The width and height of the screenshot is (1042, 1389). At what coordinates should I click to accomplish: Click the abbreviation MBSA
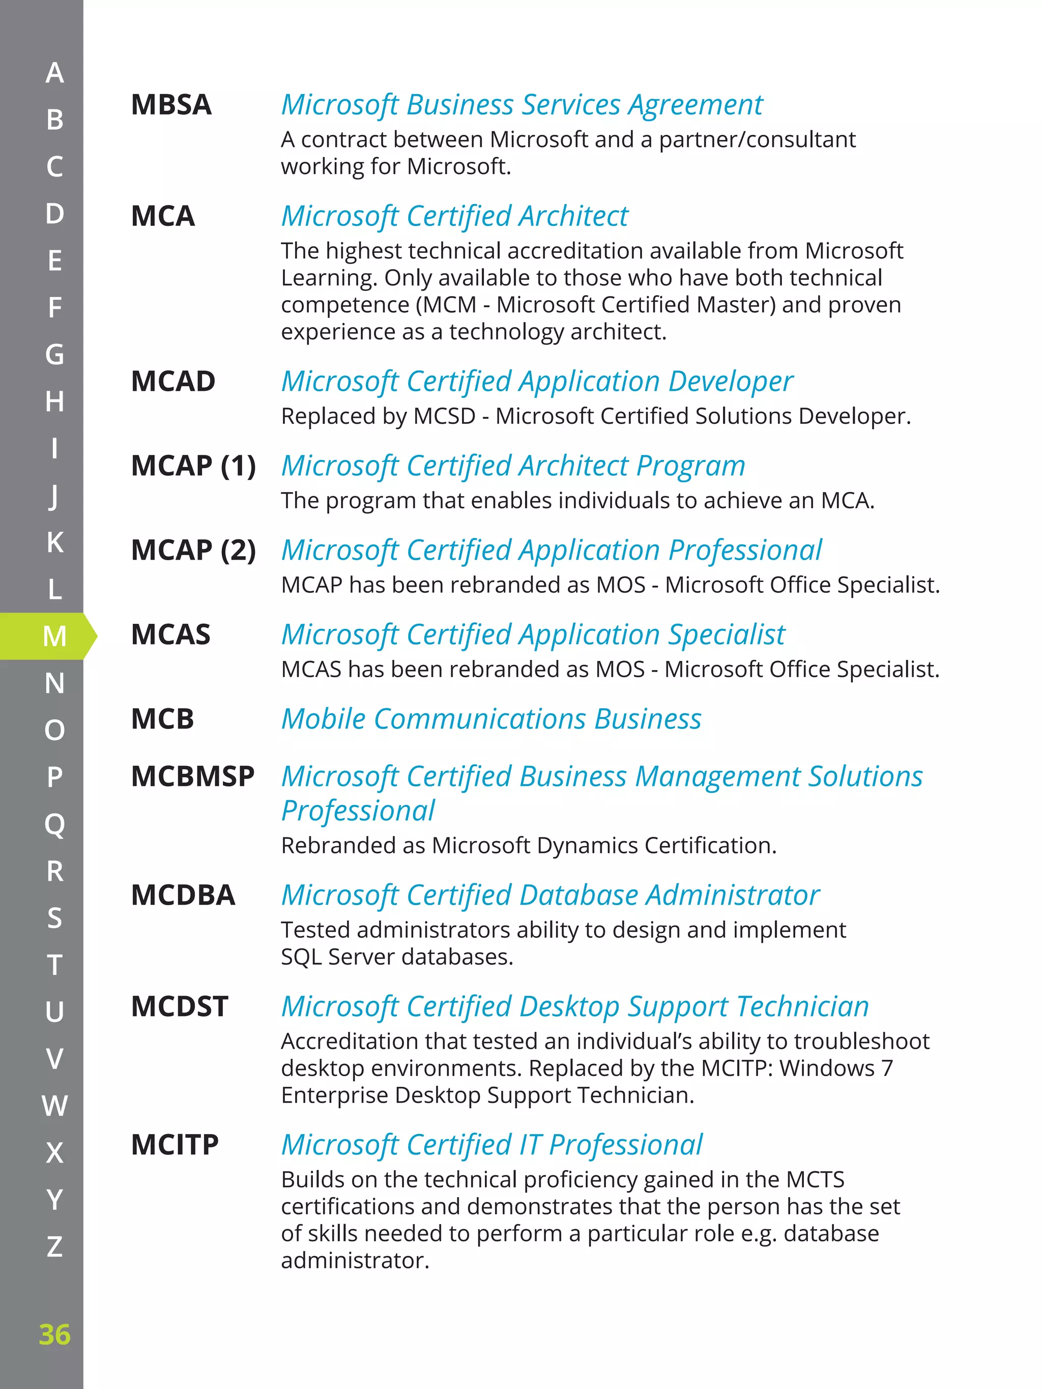click(x=171, y=105)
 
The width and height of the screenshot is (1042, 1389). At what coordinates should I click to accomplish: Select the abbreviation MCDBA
click(x=183, y=895)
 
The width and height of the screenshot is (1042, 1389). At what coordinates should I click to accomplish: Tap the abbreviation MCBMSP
click(x=192, y=776)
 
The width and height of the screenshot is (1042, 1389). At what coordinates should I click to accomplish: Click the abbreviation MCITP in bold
click(x=175, y=1145)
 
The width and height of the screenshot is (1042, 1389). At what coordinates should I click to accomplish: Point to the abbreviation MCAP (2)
click(x=193, y=550)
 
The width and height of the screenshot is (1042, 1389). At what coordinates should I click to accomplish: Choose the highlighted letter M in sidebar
click(x=54, y=636)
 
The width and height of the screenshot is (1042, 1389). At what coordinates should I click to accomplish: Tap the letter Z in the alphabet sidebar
click(x=54, y=1247)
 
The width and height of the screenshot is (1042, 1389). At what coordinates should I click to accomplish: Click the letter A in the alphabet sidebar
click(x=54, y=73)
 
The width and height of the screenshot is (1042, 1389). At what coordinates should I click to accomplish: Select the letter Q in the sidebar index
click(x=54, y=824)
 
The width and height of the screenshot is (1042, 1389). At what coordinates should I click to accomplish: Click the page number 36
click(x=54, y=1335)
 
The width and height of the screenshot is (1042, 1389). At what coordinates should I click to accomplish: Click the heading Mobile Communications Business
click(x=491, y=719)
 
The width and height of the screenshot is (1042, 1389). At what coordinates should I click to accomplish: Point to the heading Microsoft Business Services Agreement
click(x=522, y=105)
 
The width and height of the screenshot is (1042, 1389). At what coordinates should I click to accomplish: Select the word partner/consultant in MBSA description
click(x=757, y=139)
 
